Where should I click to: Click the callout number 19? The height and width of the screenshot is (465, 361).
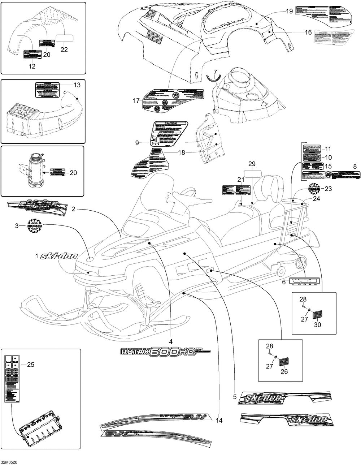290,12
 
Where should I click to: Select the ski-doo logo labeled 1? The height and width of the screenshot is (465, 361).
58,256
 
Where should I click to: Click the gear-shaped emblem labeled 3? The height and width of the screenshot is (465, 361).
35,226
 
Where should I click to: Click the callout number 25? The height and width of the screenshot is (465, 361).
31,365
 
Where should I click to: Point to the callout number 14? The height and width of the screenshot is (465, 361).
219,420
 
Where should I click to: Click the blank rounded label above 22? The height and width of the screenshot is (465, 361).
64,37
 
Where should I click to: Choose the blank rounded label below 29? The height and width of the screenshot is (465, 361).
251,173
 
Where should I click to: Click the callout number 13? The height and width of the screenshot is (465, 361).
77,85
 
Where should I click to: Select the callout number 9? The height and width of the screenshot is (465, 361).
137,143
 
